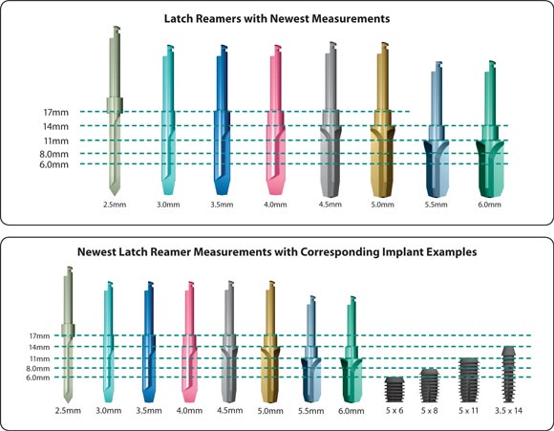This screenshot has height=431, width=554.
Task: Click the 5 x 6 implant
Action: (394, 389)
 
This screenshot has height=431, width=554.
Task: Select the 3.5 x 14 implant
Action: (508, 374)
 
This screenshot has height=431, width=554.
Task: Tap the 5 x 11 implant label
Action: (468, 411)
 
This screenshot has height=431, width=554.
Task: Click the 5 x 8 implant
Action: (429, 385)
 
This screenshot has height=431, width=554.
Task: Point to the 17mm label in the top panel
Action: (55, 113)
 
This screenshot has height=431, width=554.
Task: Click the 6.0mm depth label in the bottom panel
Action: (38, 377)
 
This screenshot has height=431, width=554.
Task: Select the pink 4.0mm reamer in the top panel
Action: (276, 120)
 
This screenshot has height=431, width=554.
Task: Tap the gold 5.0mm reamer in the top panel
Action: (382, 119)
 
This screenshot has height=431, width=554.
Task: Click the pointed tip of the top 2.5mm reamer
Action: (114, 195)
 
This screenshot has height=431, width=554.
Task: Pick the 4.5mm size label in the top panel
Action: (330, 205)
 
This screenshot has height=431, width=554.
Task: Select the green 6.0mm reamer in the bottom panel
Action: (352, 350)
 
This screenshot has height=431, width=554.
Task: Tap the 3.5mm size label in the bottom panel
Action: (149, 411)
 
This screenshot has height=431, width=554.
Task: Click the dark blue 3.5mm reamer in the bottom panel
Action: (149, 342)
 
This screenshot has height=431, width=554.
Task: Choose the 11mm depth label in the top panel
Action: (56, 141)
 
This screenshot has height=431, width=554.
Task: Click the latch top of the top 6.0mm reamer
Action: (492, 66)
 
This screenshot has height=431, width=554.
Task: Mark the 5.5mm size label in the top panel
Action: (436, 205)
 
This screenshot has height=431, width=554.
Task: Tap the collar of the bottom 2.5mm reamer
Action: (68, 330)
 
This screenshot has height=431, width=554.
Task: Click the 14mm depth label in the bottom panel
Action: (39, 347)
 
